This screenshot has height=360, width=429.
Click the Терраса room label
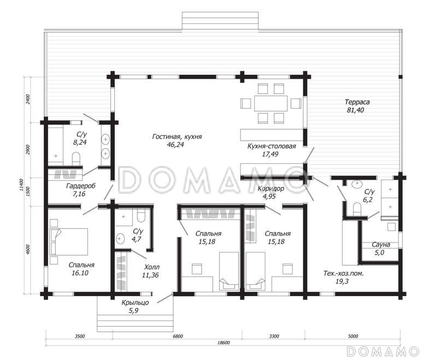[357, 102]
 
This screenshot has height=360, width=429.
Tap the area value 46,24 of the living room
[175, 144]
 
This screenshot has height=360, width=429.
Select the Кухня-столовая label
[272, 146]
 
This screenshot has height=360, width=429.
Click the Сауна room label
[380, 245]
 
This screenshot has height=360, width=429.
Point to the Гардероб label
[81, 186]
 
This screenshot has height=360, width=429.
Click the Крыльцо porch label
[135, 303]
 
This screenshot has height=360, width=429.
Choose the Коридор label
[271, 188]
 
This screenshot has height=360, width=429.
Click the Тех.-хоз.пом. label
[343, 273]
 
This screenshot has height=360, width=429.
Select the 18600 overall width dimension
[224, 343]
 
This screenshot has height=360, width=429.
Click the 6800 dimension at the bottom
[178, 336]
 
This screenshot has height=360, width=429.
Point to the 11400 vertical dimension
[21, 185]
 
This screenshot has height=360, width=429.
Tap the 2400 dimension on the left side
[28, 99]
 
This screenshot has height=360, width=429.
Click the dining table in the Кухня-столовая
[271, 103]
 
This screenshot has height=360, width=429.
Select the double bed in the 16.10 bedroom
[68, 242]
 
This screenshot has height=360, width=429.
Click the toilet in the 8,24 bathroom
[76, 159]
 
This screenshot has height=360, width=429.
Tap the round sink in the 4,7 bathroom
[120, 239]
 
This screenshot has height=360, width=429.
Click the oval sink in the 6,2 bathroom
[357, 184]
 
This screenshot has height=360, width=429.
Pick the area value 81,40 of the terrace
[355, 110]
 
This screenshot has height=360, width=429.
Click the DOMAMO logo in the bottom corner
[383, 351]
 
